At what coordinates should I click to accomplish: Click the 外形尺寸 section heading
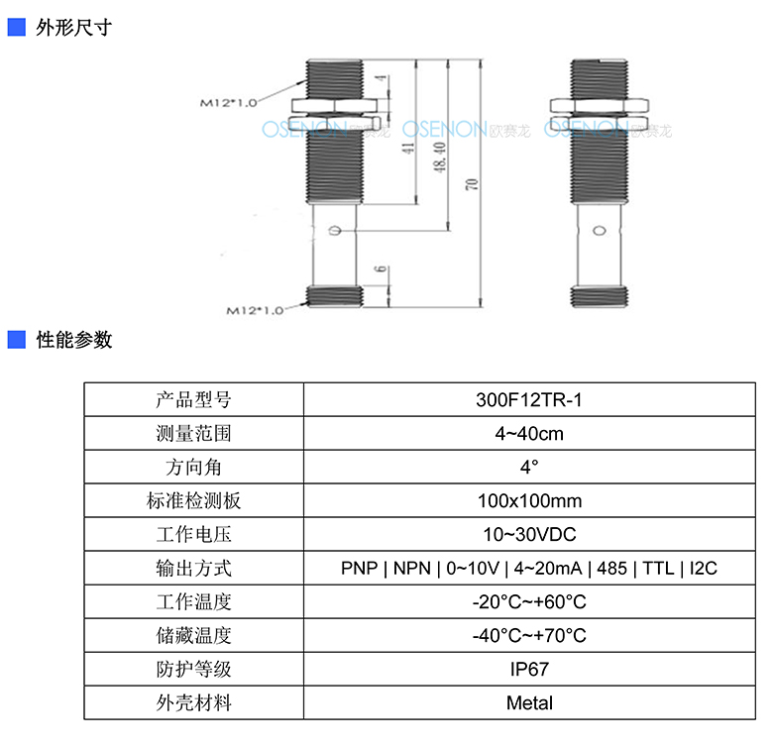(x=74, y=28)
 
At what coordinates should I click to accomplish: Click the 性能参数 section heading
(x=74, y=340)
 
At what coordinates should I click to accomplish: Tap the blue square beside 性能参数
(x=16, y=340)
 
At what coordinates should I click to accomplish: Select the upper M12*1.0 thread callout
(x=228, y=103)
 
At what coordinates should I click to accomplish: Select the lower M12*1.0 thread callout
(x=255, y=310)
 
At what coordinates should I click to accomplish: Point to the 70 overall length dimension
(x=472, y=184)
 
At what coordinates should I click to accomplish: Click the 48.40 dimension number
(x=440, y=158)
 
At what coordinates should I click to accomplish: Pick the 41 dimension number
(x=408, y=148)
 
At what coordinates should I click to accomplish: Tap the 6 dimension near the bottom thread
(x=381, y=269)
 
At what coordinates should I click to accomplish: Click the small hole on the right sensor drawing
(x=600, y=230)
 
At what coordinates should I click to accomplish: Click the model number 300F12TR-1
(x=529, y=399)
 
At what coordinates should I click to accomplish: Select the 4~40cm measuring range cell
(x=529, y=434)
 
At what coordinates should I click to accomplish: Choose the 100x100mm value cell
(x=529, y=500)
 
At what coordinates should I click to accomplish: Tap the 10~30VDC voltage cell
(x=529, y=535)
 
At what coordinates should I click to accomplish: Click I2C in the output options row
(x=703, y=568)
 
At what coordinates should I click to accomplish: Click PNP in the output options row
(x=360, y=568)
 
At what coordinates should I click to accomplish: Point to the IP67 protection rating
(x=529, y=669)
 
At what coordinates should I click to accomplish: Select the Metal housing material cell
(x=529, y=702)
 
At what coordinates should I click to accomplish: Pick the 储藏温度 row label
(x=193, y=636)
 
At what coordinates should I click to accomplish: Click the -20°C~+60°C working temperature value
(x=529, y=601)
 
